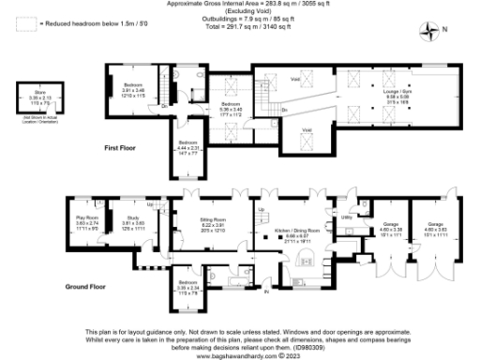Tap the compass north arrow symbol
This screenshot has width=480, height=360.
(432, 31)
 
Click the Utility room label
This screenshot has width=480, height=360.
(346, 217)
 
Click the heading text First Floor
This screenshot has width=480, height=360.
(121, 148)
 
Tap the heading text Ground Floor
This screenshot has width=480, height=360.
(83, 285)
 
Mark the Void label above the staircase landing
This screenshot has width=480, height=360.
(296, 81)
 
